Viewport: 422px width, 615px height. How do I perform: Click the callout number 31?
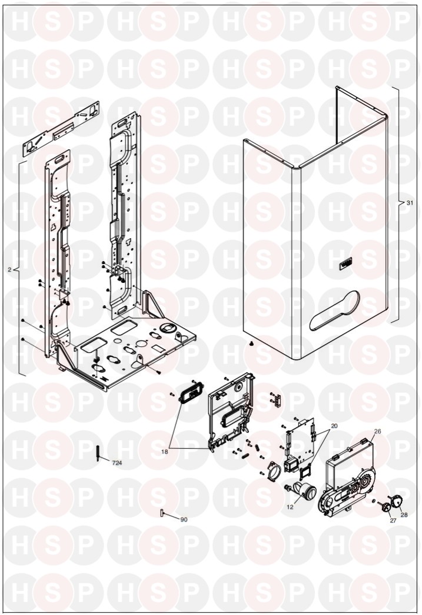pyautogui.click(x=410, y=203)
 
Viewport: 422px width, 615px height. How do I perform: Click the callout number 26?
pyautogui.click(x=377, y=431)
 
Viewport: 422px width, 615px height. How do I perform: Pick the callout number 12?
pyautogui.click(x=290, y=506)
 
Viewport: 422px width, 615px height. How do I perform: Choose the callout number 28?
pyautogui.click(x=404, y=515)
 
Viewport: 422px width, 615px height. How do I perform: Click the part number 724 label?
pyautogui.click(x=118, y=464)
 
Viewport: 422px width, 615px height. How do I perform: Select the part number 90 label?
pyautogui.click(x=184, y=520)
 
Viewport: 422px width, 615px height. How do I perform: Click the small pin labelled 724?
pyautogui.click(x=98, y=453)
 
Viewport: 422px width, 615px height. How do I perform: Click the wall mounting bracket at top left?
pyautogui.click(x=62, y=129)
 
